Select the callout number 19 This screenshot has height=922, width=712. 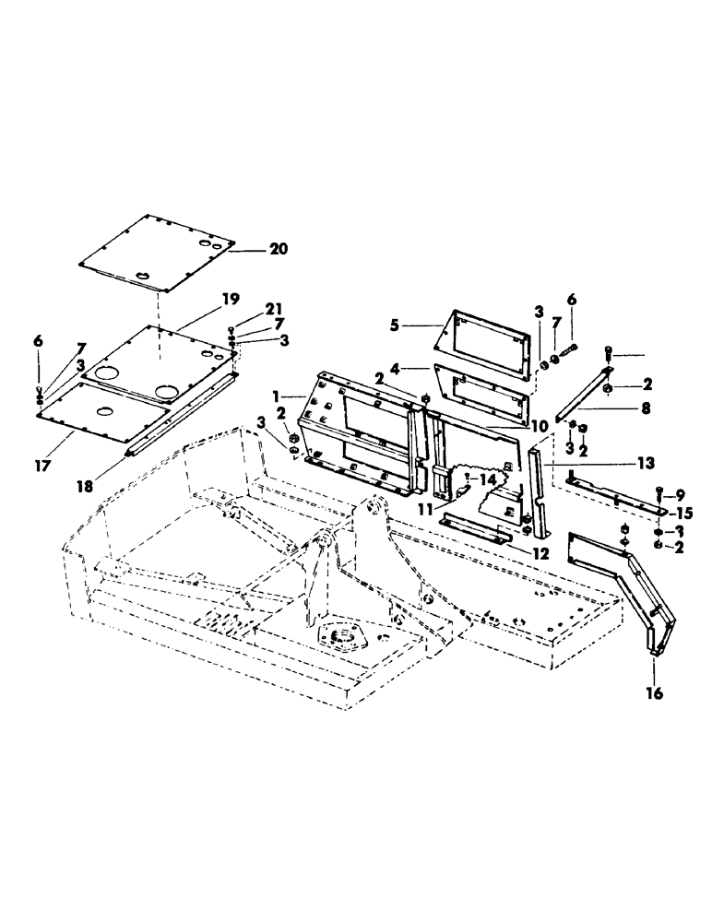tap(231, 299)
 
